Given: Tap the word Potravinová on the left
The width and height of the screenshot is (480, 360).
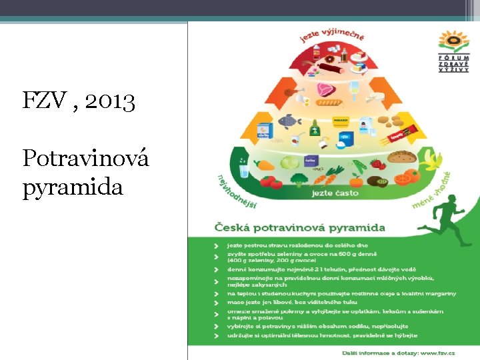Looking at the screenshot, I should click(85, 159).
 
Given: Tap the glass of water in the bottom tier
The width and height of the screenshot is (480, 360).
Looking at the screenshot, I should click(244, 171).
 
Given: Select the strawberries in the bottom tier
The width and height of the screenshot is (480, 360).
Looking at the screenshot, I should click(378, 163).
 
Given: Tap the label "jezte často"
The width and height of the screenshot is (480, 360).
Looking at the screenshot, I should click(335, 193).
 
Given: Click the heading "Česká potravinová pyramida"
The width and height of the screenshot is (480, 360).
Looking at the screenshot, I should click(299, 227).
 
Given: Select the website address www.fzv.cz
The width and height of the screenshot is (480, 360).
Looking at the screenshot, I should click(436, 352).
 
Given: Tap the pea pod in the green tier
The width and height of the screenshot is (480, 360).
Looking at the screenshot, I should click(359, 165).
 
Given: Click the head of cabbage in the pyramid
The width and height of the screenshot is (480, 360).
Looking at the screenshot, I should click(289, 162).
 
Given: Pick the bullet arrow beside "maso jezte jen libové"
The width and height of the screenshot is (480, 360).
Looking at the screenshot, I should click(216, 302).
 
